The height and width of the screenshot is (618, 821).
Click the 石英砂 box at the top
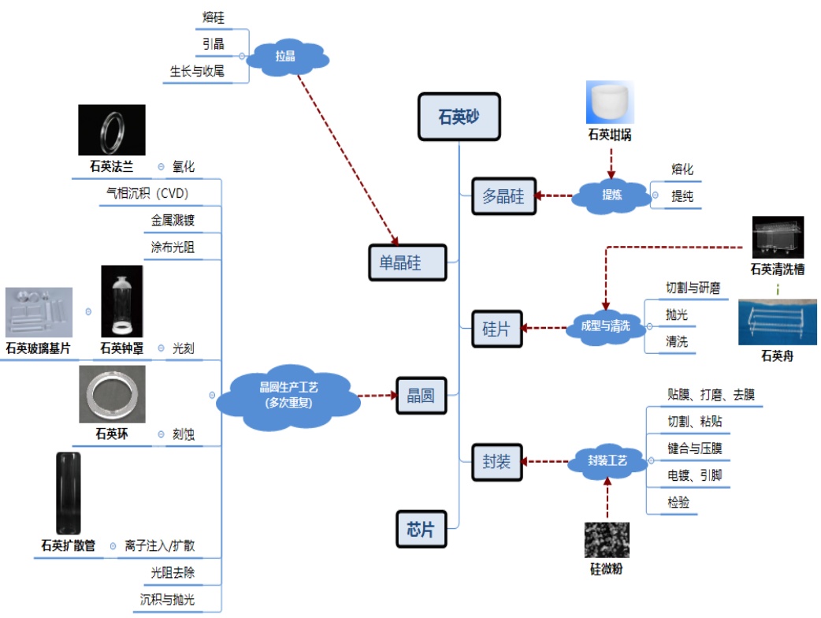(x=459, y=117)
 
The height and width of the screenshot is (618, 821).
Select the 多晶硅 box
(x=503, y=196)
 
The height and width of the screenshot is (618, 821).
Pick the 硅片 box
(x=496, y=329)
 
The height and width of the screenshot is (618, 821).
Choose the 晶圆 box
(x=420, y=396)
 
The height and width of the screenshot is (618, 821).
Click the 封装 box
(x=496, y=461)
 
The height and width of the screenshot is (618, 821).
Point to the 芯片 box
(x=420, y=530)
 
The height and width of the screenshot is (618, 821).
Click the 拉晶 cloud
(x=285, y=56)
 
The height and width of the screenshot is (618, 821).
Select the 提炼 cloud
(x=611, y=195)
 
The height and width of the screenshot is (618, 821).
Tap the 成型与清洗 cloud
(x=604, y=326)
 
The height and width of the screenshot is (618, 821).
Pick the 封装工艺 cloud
(x=607, y=461)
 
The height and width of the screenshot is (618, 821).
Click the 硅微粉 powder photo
(x=606, y=540)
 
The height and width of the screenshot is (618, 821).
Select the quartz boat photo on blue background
(x=777, y=322)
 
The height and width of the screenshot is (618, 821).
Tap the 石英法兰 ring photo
(x=112, y=130)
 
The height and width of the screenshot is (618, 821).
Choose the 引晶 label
(x=213, y=44)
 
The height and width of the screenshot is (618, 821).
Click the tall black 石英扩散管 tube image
(x=68, y=493)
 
